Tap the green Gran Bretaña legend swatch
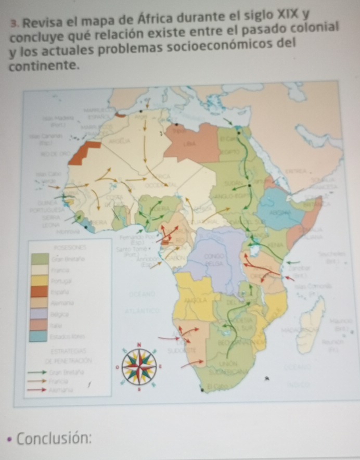click(40, 259)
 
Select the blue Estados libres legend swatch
click(40, 336)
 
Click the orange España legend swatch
click(40, 291)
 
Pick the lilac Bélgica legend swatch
click(40, 314)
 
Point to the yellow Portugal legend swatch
click(40, 281)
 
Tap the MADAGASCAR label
click(298, 330)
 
